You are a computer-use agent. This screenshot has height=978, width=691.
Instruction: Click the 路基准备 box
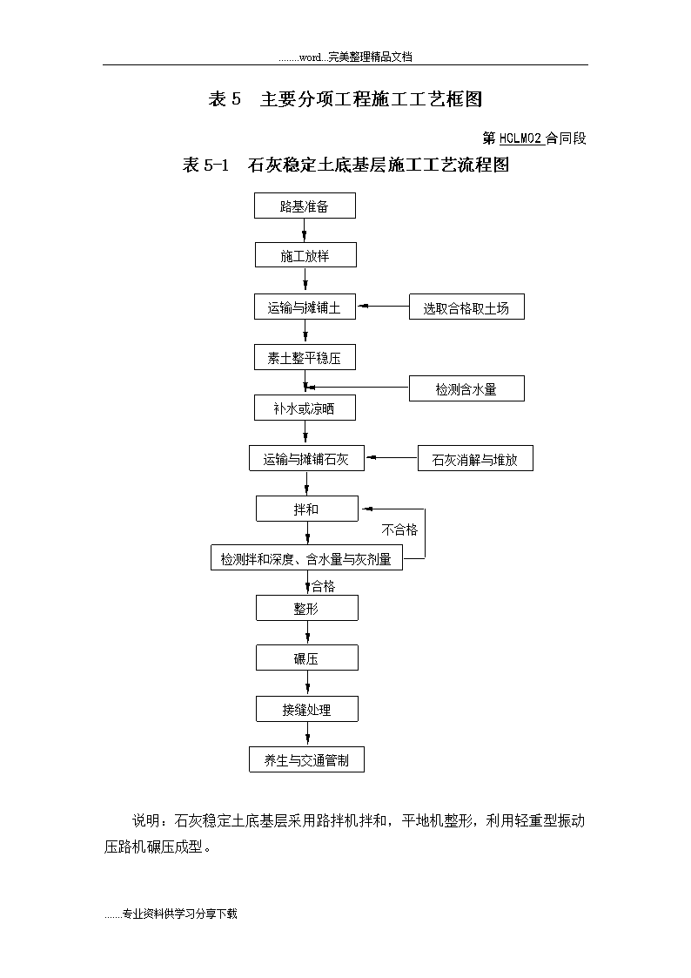pos(305,206)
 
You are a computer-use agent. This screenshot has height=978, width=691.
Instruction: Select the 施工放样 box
pos(305,255)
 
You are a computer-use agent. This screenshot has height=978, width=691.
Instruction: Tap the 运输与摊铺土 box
pos(305,307)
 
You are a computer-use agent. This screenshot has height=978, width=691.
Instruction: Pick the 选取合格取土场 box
pos(466,307)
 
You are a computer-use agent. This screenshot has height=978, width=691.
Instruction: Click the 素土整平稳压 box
pos(305,357)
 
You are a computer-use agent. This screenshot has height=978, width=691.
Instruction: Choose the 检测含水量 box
pos(466,388)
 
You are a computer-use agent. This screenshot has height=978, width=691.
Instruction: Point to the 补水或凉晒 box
pos(305,408)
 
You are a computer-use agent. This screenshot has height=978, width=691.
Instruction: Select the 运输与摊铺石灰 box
pos(306,458)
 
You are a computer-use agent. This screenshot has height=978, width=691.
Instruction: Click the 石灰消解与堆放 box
pos(475,458)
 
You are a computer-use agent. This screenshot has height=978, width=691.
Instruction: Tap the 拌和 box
pos(307,509)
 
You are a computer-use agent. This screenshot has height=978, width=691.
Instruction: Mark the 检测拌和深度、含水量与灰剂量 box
pos(306,557)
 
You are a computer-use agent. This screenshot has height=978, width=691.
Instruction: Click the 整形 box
pos(307,608)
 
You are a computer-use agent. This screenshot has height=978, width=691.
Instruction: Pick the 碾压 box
pos(307,658)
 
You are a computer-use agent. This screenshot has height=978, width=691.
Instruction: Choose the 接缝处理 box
pos(307,709)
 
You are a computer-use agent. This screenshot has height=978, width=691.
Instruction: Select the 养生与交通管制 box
pos(306,759)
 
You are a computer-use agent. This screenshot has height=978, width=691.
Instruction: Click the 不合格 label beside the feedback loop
pos(399,530)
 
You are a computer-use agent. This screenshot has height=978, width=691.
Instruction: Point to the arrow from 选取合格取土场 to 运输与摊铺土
pos(383,307)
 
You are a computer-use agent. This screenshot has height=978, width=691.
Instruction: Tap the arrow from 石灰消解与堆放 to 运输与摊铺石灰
pos(392,458)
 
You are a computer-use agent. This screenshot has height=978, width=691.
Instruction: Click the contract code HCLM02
pos(521,138)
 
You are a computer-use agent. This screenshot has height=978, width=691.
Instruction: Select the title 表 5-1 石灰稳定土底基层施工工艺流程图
pos(345,165)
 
